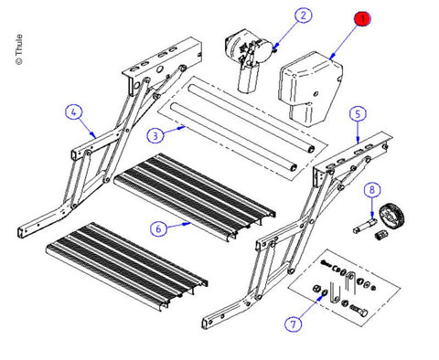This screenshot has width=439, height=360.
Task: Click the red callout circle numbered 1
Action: pyautogui.click(x=362, y=19)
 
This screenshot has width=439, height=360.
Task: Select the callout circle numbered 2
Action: pyautogui.click(x=303, y=16)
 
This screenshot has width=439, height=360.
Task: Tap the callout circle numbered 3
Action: pyautogui.click(x=155, y=135)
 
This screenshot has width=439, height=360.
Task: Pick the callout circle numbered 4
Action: pyautogui.click(x=74, y=112)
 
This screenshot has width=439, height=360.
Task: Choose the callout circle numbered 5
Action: pyautogui.click(x=358, y=114)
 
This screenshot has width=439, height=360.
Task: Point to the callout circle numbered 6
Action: pyautogui.click(x=158, y=228)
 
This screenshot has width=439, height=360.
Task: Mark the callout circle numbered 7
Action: pyautogui.click(x=294, y=323)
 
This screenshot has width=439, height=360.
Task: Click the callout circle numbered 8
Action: pyautogui.click(x=372, y=190)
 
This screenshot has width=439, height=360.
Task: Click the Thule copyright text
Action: pyautogui.click(x=19, y=49)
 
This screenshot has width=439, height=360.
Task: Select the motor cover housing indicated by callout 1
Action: pyautogui.click(x=309, y=89)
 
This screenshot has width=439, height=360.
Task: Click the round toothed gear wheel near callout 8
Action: pyautogui.click(x=391, y=216)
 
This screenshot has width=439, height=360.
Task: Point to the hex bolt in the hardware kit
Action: pyautogui.click(x=359, y=310)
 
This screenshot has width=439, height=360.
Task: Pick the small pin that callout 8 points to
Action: pyautogui.click(x=365, y=226)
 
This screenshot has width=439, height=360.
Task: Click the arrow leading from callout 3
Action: pyautogui.click(x=175, y=130)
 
